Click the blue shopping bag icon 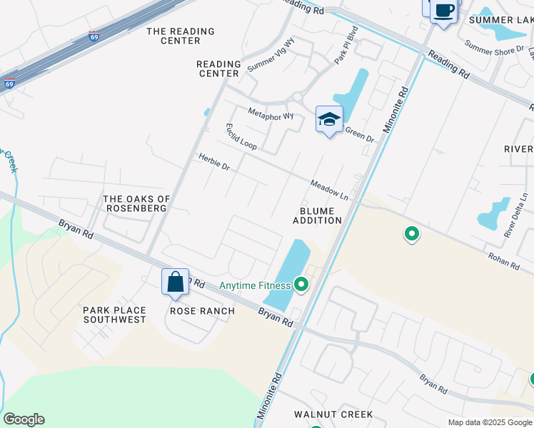click(175, 282)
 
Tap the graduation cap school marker click(329, 120)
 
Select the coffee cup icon click(443, 11)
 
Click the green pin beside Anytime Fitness click(301, 285)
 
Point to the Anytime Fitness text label click(255, 286)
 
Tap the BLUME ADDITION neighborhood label click(317, 215)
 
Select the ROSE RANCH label click(202, 311)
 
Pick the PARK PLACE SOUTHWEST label click(114, 315)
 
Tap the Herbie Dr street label click(214, 163)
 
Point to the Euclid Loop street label click(241, 136)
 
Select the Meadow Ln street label click(329, 190)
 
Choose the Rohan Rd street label click(504, 260)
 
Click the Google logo click(24, 419)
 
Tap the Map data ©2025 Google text click(489, 422)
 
